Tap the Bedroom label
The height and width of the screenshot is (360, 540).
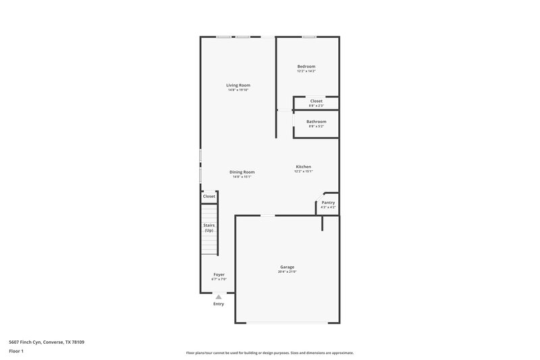pos(306,66)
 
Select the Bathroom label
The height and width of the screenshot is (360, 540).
pos(316,122)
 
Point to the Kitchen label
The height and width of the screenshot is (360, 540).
pos(303,167)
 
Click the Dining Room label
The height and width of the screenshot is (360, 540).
pos(241,172)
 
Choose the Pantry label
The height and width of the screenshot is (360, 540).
pos(328,203)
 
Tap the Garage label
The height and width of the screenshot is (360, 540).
pos(287,267)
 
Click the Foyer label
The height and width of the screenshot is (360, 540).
pos(219,274)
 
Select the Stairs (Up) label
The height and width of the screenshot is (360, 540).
pos(209,228)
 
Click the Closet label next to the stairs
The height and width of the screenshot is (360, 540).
pos(209,196)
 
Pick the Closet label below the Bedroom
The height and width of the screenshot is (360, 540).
pos(316,101)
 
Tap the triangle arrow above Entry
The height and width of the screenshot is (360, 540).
pos(218,297)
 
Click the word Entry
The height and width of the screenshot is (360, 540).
pos(218,304)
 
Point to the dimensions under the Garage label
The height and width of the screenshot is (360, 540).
pos(288,272)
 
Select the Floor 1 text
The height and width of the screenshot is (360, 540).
pos(17,352)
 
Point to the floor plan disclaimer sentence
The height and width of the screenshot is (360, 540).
pos(269,353)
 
